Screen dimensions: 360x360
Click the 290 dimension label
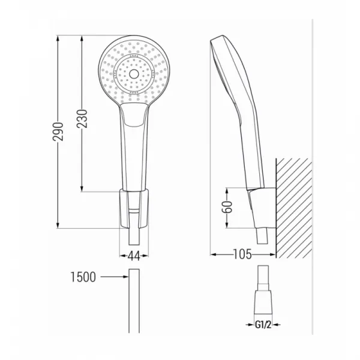click(58, 131)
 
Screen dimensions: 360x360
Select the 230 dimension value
click(82, 119)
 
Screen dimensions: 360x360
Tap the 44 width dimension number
click(134, 256)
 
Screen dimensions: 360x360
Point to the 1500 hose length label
click(83, 277)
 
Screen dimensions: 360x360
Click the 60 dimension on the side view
click(227, 207)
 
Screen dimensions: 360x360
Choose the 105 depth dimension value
click(242, 254)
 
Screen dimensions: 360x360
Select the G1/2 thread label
click(263, 325)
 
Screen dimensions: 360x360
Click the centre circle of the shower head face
click(134, 74)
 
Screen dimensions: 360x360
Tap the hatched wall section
click(294, 208)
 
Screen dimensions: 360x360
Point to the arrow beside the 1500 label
click(115, 277)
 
